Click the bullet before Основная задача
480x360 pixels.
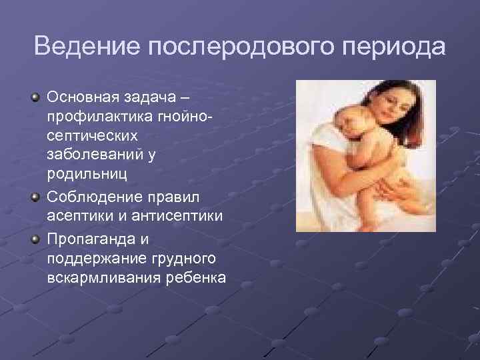tap(35, 99)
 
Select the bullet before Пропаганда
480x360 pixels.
tap(35, 238)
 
